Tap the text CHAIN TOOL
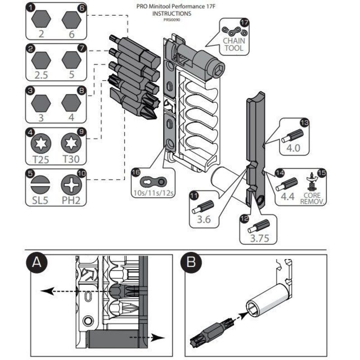coord(234,44)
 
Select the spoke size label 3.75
coord(258,238)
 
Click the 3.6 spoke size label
coord(203,221)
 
